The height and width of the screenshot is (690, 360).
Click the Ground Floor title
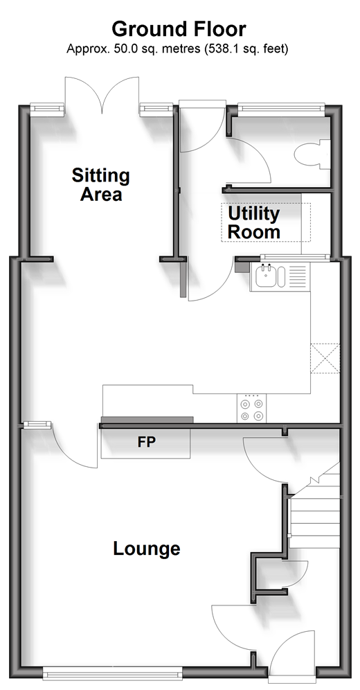[x=179, y=30]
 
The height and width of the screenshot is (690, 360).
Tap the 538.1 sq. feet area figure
[x=246, y=48]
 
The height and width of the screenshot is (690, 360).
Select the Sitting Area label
[x=101, y=185]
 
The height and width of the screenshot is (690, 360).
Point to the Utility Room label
[x=254, y=222]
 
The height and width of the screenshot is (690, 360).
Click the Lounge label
[x=147, y=549]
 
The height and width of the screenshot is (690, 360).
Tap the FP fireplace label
[x=146, y=442]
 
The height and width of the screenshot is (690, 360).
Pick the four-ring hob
[x=252, y=409]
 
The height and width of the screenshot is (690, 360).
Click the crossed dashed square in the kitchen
[x=325, y=359]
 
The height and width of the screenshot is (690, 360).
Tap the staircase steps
[x=315, y=511]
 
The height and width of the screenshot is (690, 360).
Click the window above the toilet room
[x=281, y=107]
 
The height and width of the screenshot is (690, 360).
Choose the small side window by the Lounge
[x=37, y=425]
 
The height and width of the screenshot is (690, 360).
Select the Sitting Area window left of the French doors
[x=46, y=107]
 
